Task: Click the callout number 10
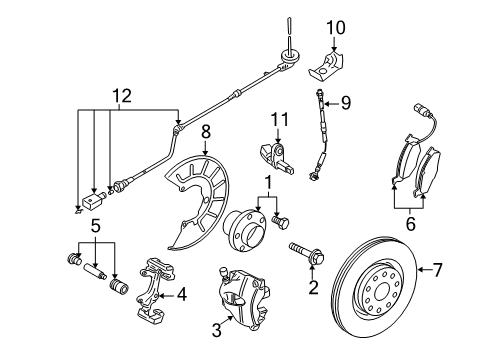[x=336, y=28]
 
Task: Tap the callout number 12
[x=122, y=96]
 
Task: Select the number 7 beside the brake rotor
[x=437, y=269]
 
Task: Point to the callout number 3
[x=216, y=330]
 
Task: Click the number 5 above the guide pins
[x=95, y=226]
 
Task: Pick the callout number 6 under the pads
[x=411, y=223]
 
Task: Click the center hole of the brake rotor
[x=381, y=293]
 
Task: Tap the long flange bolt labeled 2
[x=307, y=254]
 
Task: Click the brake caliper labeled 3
[x=244, y=297]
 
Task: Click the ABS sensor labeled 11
[x=277, y=157]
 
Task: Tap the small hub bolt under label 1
[x=281, y=222]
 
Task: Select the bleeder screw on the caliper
[x=224, y=273]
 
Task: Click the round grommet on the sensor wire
[x=290, y=57]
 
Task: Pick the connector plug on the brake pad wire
[x=419, y=109]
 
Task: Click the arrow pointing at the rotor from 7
[x=424, y=269]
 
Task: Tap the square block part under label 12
[x=92, y=202]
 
